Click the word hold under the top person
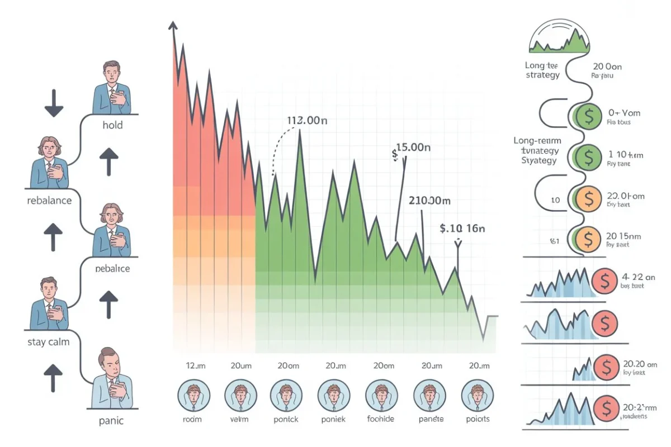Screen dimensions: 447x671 point(112,125)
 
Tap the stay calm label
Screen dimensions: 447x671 point(49,341)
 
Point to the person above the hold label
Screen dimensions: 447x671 point(112,87)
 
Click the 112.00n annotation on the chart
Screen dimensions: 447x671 point(306,121)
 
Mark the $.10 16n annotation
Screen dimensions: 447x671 point(462,228)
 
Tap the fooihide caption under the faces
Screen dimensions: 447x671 point(381,419)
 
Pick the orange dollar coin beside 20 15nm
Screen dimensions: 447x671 point(587,240)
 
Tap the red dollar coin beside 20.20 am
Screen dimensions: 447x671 point(604,367)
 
